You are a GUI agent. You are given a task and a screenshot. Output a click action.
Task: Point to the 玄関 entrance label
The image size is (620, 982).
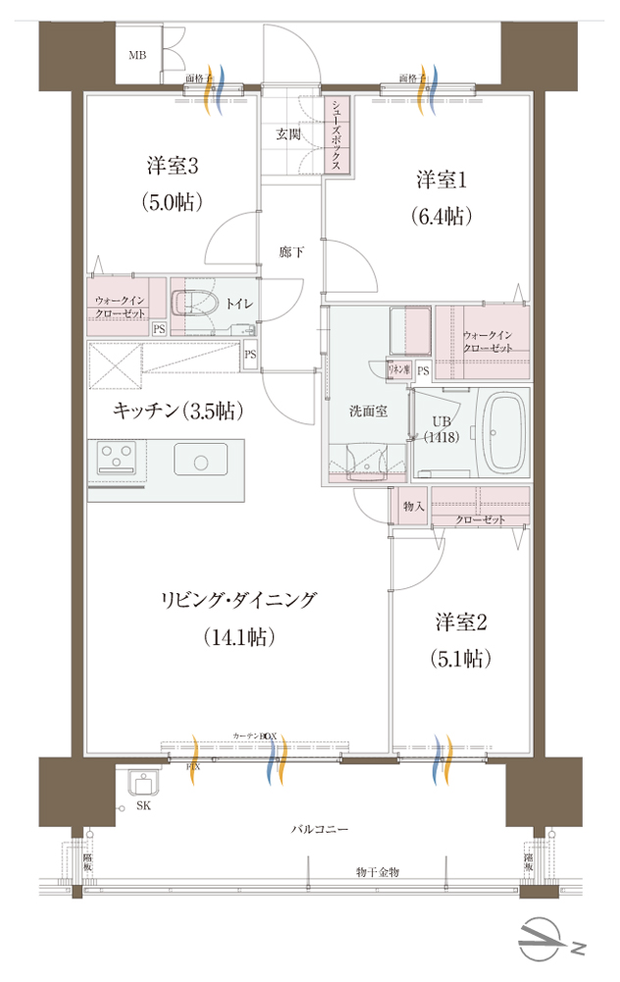287,135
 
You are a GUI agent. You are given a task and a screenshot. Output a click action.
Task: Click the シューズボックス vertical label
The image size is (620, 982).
336,136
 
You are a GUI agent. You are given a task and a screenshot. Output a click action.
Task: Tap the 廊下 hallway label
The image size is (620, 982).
291,253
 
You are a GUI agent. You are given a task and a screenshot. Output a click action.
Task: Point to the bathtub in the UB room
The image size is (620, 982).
505,433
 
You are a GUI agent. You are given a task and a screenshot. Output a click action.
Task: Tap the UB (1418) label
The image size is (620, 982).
438,431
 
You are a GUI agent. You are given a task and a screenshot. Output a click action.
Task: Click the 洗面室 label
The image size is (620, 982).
368,411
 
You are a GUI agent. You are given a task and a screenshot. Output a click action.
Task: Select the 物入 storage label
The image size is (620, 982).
413,506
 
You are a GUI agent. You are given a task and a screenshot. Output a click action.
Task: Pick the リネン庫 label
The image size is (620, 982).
397,370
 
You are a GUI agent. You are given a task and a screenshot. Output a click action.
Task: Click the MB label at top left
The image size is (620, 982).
137,54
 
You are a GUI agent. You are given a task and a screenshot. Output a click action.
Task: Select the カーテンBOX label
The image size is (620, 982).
256,736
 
